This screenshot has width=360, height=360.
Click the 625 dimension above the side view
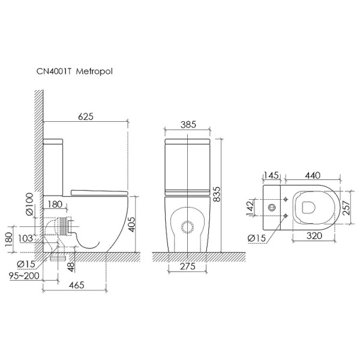[86, 116]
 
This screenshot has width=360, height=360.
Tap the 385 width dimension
[188, 124]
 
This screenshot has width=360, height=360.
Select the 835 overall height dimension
[216, 194]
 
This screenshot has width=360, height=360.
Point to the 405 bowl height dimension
[131, 224]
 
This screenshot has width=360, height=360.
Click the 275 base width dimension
[188, 266]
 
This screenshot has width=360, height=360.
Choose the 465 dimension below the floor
[77, 285]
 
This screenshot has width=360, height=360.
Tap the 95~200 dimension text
[24, 275]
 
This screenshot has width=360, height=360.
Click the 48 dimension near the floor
[71, 267]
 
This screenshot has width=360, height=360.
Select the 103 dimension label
[25, 238]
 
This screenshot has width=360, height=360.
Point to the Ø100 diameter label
[30, 204]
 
